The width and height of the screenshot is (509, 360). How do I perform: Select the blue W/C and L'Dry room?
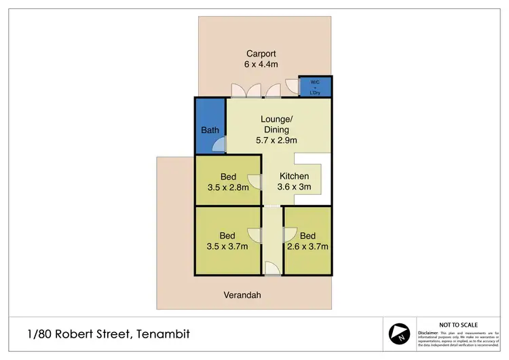(x=316, y=88)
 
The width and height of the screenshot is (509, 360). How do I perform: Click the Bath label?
(x=209, y=130)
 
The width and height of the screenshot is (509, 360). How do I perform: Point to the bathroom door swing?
(x=219, y=145)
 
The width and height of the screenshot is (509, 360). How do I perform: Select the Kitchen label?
(x=295, y=176)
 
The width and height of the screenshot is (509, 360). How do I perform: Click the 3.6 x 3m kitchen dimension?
(x=295, y=187)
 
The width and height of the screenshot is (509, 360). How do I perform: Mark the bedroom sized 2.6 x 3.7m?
(x=308, y=241)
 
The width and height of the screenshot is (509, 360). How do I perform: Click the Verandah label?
(x=242, y=295)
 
